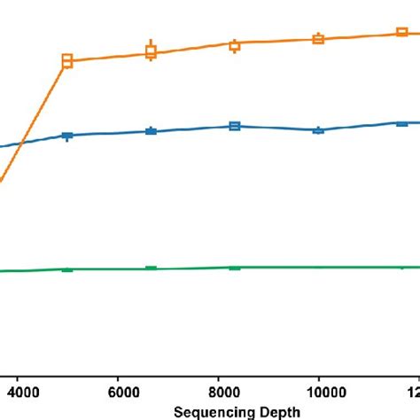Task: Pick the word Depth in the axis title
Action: tap(277, 411)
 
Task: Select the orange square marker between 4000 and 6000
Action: tap(66, 61)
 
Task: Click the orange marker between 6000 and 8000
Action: tap(152, 52)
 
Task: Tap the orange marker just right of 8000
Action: tap(235, 45)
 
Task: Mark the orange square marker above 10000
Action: tap(318, 39)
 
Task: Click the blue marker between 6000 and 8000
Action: tap(152, 131)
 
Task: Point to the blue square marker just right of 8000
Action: tap(235, 126)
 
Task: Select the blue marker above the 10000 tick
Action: tap(318, 129)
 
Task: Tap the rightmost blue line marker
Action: tap(401, 123)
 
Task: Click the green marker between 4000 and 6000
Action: tap(66, 268)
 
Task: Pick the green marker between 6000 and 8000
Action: tap(152, 268)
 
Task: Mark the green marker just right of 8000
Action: tap(235, 267)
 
